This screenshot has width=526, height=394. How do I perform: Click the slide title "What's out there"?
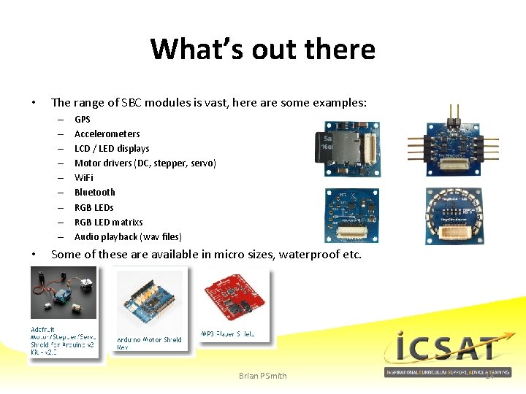pyautogui.click(x=262, y=50)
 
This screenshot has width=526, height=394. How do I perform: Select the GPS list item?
pyautogui.click(x=83, y=119)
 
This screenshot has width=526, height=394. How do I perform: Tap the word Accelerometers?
pyautogui.click(x=107, y=134)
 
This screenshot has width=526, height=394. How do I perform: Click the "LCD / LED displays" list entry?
pyautogui.click(x=112, y=148)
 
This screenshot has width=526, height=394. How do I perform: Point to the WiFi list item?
pyautogui.click(x=84, y=177)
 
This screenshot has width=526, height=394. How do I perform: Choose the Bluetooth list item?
pyautogui.click(x=95, y=192)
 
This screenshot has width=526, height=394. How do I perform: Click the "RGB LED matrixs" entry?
pyautogui.click(x=109, y=222)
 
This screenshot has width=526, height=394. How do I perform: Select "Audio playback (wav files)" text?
pyautogui.click(x=128, y=236)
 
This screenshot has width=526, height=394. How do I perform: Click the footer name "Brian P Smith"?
pyautogui.click(x=263, y=376)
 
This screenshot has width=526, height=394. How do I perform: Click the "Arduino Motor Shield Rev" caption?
pyautogui.click(x=149, y=343)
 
